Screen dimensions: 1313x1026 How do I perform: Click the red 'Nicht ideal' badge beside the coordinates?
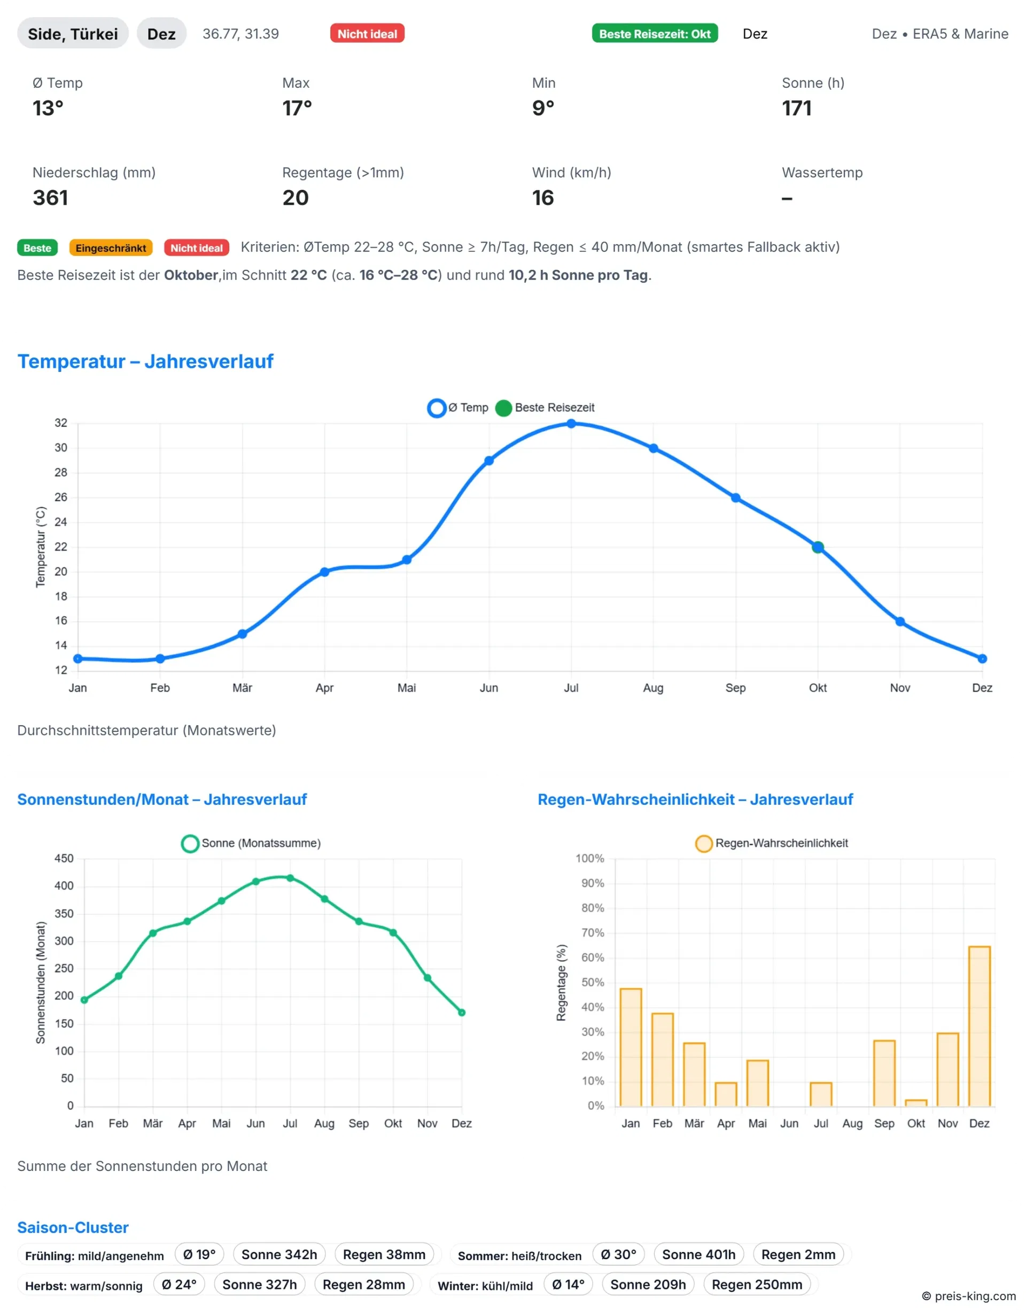point(367,34)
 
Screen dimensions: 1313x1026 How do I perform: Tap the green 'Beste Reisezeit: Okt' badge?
point(655,34)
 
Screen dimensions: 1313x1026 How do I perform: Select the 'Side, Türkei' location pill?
point(73,34)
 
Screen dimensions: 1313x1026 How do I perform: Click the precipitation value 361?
point(50,198)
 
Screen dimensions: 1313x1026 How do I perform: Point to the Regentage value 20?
point(295,198)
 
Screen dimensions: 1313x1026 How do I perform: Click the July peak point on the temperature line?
point(571,424)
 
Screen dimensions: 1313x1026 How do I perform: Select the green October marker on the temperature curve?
point(818,547)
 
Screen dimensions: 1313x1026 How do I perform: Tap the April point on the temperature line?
point(324,572)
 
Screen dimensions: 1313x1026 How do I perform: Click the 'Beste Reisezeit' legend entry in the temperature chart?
point(545,408)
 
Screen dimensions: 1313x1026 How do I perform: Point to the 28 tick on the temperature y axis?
point(61,472)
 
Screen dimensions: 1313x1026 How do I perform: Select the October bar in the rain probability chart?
point(916,1102)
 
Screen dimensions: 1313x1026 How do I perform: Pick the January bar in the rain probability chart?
point(631,1047)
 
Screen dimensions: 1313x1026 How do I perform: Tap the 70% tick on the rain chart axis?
point(593,933)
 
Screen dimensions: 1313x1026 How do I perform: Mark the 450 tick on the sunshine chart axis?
point(64,858)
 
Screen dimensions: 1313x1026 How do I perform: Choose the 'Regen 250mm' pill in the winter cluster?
point(757,1285)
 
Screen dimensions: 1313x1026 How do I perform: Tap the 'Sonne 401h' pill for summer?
point(698,1255)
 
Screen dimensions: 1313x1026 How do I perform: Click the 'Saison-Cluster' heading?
point(73,1227)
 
